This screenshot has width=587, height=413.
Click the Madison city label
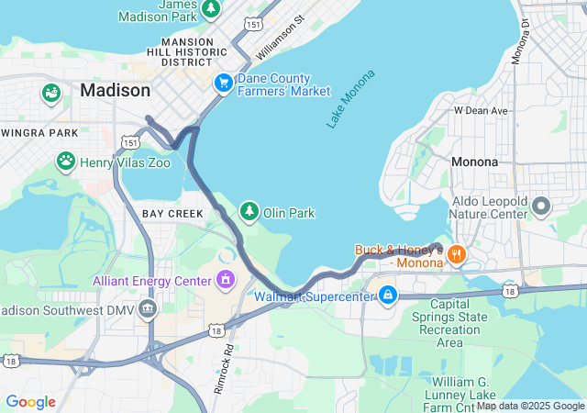[115, 90]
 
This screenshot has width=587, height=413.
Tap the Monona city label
[474, 162]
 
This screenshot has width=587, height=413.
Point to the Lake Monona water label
[349, 98]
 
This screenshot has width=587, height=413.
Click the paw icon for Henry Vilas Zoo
[66, 162]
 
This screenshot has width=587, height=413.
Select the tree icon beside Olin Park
[249, 212]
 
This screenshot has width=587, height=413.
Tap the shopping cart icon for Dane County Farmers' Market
[223, 84]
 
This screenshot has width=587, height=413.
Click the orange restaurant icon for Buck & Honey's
[456, 254]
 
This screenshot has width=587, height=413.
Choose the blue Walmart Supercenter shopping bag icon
[388, 296]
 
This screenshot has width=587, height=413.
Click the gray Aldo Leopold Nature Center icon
[541, 206]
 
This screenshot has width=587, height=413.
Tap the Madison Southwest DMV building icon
[146, 308]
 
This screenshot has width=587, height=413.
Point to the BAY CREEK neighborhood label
[172, 213]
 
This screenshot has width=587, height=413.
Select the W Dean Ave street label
[481, 111]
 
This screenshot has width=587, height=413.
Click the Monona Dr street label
[525, 36]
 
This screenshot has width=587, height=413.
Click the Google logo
[30, 402]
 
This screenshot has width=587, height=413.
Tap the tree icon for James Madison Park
[211, 9]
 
